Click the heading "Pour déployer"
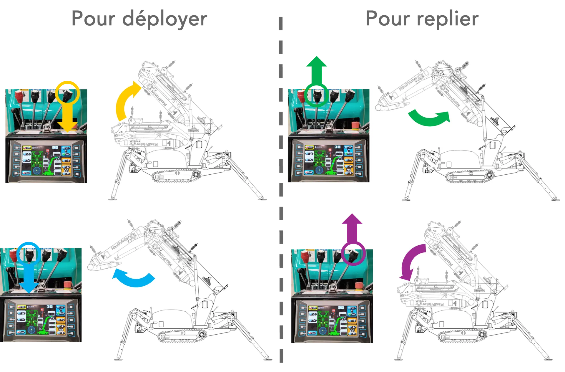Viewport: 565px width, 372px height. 140,19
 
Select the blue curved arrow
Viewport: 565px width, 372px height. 134,278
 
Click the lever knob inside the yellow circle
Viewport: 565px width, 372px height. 68,94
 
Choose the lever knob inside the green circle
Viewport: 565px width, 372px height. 317,95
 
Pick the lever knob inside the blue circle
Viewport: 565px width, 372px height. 29,254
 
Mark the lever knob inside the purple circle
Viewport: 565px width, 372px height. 353,255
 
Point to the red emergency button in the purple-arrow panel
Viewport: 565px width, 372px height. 359,286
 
